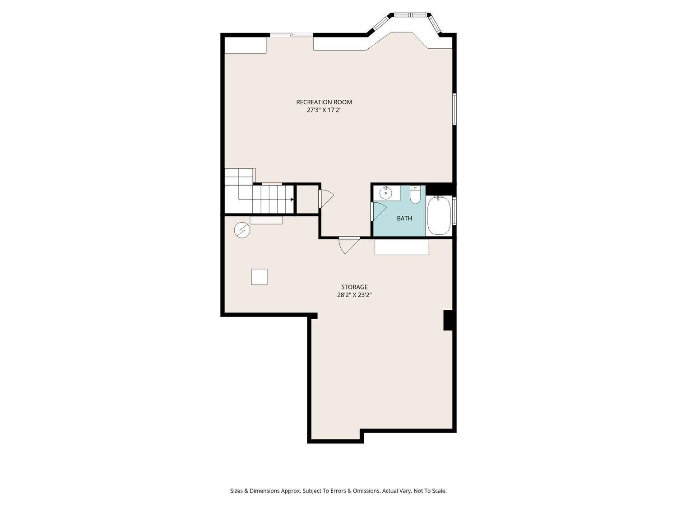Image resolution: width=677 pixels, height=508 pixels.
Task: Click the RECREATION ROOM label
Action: (324, 102)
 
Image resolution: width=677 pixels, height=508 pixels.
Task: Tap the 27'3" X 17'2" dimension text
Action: (324, 110)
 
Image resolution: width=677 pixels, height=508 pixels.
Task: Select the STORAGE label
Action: (354, 287)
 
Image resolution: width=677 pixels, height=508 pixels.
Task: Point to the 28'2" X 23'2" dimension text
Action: (354, 295)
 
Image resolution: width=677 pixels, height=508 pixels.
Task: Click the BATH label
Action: (404, 219)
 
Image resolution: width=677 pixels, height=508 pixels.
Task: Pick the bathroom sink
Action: (385, 193)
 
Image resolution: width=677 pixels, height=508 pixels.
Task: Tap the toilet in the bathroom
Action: (415, 195)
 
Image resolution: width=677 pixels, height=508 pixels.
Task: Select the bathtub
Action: (439, 215)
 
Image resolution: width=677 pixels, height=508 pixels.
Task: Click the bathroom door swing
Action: (379, 212)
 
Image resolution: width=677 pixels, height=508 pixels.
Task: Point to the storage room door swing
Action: (348, 245)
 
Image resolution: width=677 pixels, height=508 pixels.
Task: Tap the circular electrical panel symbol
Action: (242, 230)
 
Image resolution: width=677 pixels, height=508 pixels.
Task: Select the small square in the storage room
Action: (259, 277)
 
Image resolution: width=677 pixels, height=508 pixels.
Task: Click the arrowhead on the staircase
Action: (292, 199)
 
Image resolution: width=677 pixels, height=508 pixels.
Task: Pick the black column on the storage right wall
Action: (448, 320)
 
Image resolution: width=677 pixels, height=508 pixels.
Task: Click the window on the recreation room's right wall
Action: (454, 109)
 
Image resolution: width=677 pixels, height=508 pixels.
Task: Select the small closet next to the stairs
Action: (307, 199)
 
